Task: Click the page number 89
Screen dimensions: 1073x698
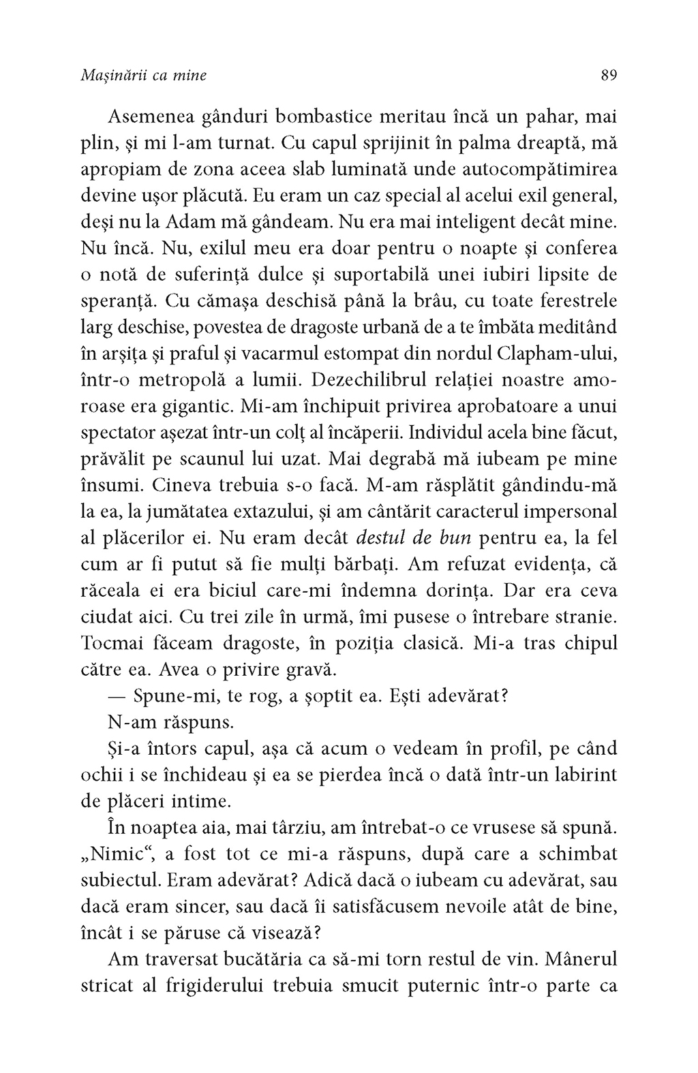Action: tap(609, 76)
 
